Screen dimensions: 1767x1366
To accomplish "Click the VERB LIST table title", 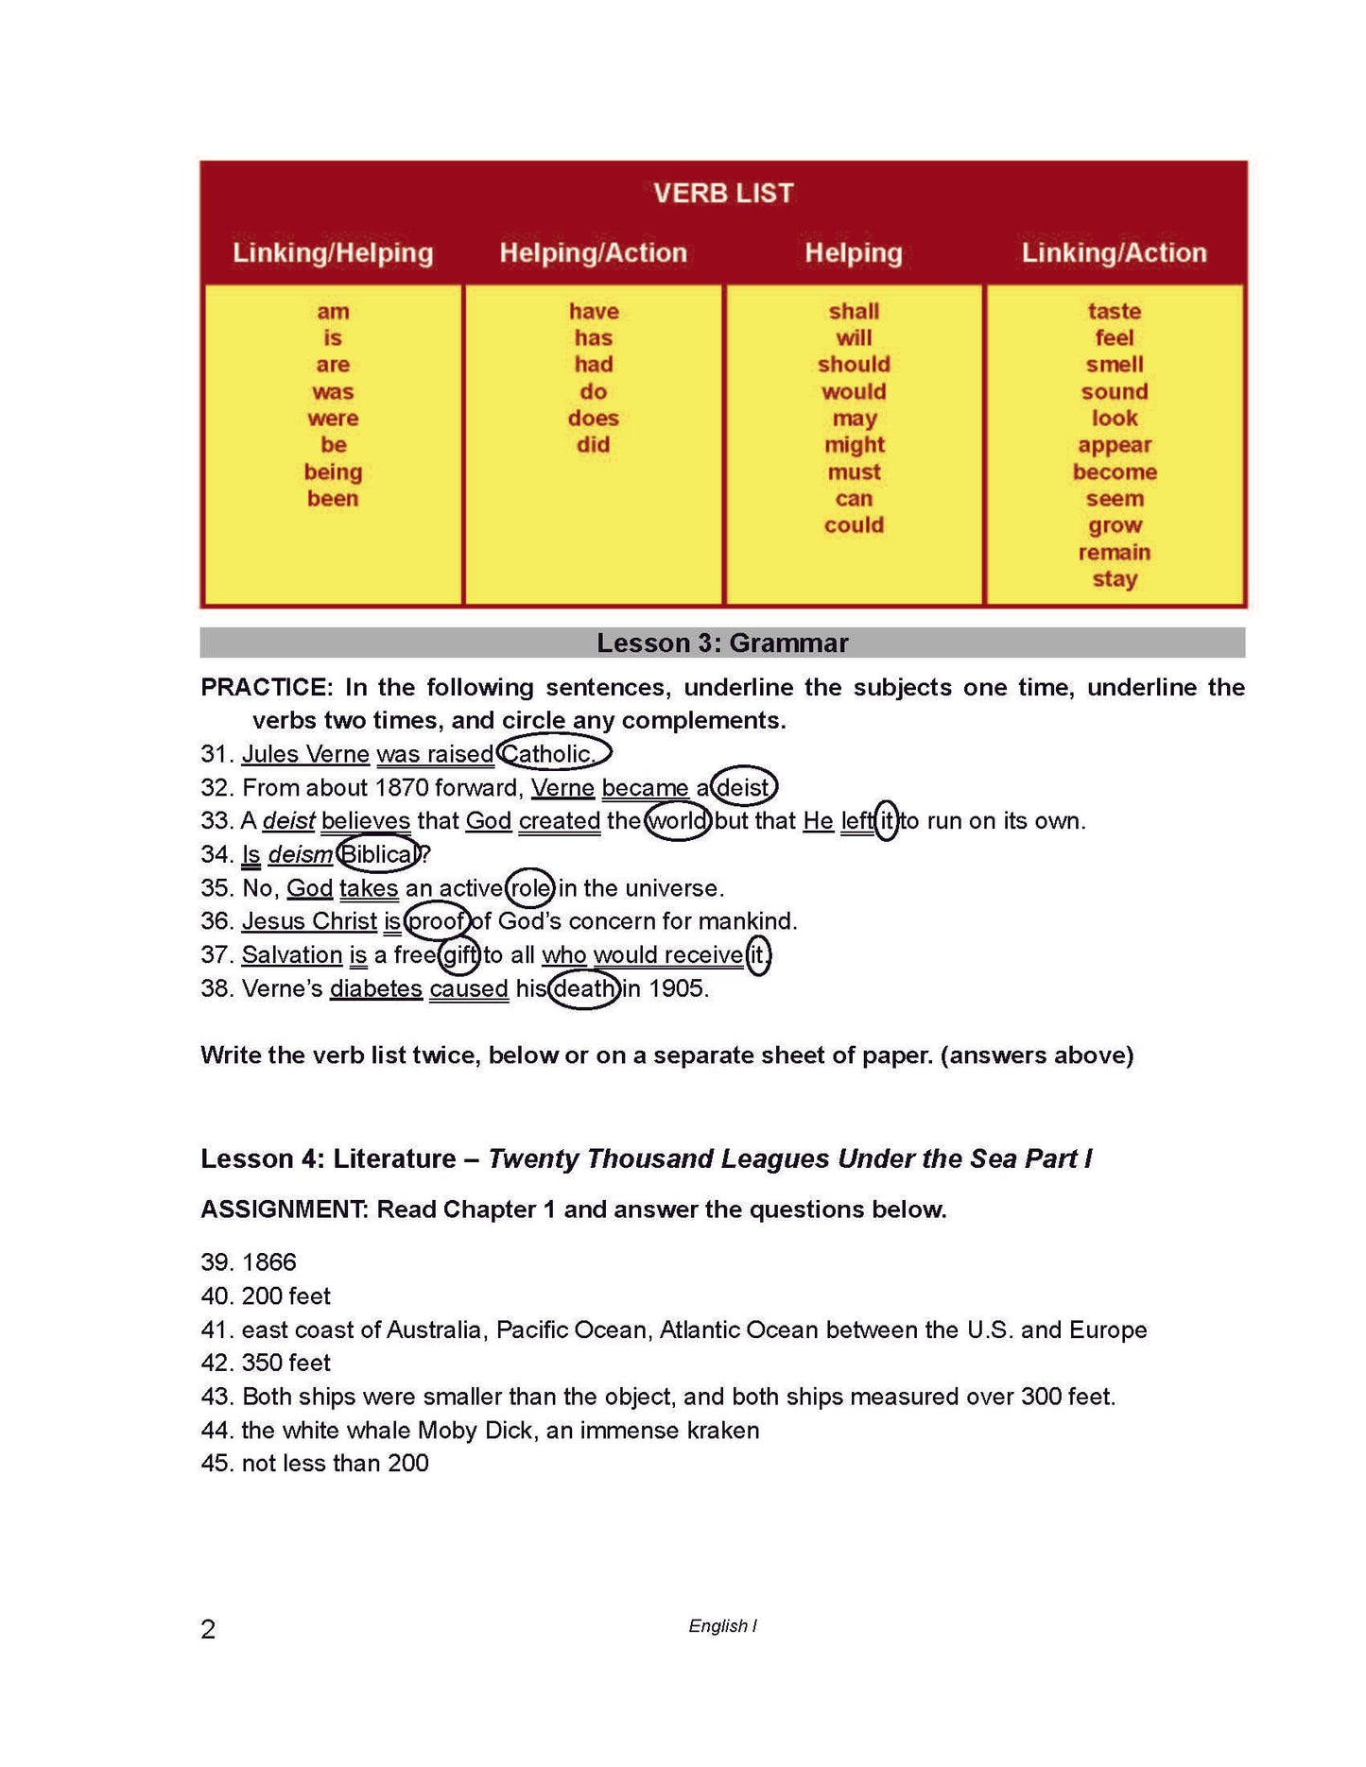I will pyautogui.click(x=723, y=194).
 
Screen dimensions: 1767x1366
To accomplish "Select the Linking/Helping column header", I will pyautogui.click(x=333, y=253).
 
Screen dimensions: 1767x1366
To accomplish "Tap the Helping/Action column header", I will pyautogui.click(x=593, y=253).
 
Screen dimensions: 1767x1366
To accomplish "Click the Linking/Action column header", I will pyautogui.click(x=1114, y=253).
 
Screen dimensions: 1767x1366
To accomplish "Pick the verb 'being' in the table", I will pyautogui.click(x=333, y=472).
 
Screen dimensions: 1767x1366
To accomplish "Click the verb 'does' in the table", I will pyautogui.click(x=593, y=418).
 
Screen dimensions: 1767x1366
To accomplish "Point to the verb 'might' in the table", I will pyautogui.click(x=854, y=445).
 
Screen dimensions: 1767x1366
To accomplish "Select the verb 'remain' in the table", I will pyautogui.click(x=1115, y=553).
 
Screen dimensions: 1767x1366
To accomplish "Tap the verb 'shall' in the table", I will pyautogui.click(x=854, y=311).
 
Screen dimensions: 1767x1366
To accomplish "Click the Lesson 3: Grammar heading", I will pyautogui.click(x=722, y=643).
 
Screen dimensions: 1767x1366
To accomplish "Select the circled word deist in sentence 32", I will pyautogui.click(x=743, y=788).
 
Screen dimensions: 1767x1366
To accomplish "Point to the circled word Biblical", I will pyautogui.click(x=377, y=854).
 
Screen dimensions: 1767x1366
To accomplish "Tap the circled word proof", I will pyautogui.click(x=435, y=921).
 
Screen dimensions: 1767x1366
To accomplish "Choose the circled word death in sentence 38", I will pyautogui.click(x=583, y=989).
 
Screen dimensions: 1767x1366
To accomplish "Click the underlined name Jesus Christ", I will pyautogui.click(x=309, y=921).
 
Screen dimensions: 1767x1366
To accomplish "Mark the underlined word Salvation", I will pyautogui.click(x=291, y=955).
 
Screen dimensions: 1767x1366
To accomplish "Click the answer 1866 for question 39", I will pyautogui.click(x=269, y=1262).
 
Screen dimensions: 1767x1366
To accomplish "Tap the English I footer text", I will pyautogui.click(x=722, y=1626).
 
